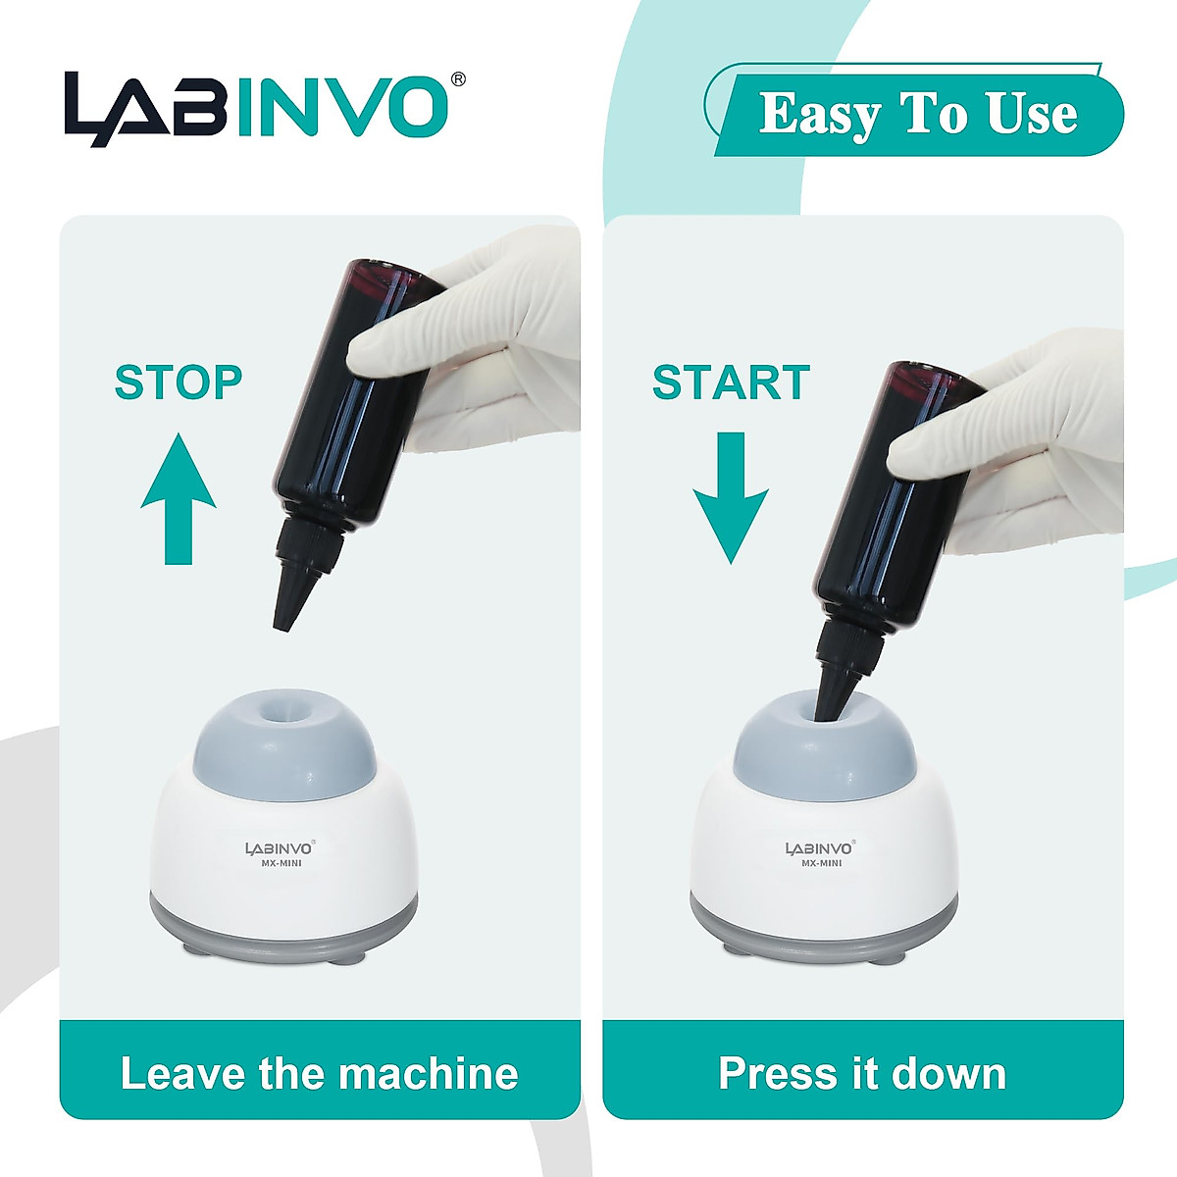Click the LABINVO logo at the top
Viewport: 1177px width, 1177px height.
coord(257,108)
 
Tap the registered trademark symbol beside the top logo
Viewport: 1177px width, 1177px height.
coord(457,79)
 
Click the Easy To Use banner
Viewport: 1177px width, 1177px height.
coord(917,114)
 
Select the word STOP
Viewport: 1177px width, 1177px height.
coord(179,383)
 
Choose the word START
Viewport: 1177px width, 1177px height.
coord(731,383)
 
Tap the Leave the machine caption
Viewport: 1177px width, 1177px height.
coord(319,1073)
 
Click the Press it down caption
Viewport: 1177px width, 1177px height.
coord(862,1073)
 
